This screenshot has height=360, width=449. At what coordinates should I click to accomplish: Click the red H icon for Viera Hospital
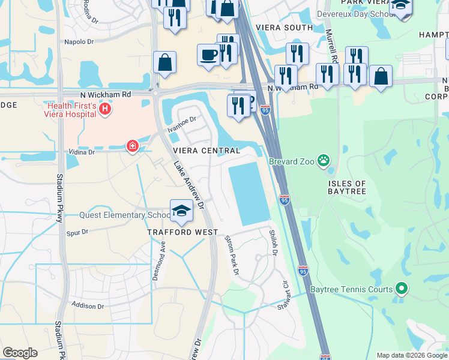[106, 109]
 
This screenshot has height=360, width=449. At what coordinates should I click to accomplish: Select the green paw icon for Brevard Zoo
[324, 160]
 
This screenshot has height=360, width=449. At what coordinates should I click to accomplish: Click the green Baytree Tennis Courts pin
[402, 290]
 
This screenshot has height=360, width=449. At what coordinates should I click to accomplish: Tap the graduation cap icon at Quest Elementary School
[181, 210]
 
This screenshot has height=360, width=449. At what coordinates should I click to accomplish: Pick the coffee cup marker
[208, 55]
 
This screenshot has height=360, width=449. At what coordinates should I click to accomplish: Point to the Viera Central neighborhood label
[206, 151]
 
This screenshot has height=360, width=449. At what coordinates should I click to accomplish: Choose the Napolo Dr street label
[79, 41]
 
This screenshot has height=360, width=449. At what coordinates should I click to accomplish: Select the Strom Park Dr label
[232, 256]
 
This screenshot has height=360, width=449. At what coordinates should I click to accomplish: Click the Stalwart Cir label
[283, 298]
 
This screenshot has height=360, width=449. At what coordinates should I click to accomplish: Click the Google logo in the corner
[20, 353]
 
